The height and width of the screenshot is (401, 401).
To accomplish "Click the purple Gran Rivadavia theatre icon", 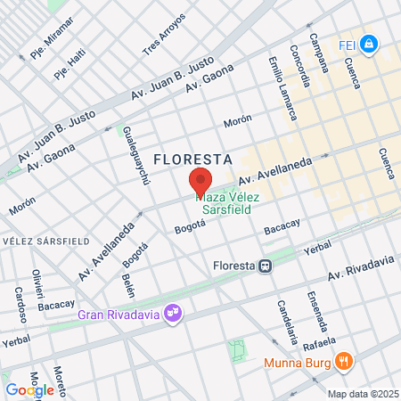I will click(176, 313).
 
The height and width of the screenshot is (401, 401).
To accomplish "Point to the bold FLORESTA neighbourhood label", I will click(193, 159).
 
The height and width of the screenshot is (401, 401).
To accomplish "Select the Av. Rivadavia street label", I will click(361, 266).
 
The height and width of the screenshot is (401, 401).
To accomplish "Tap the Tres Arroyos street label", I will click(165, 35).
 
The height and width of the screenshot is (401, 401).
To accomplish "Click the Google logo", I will click(29, 389).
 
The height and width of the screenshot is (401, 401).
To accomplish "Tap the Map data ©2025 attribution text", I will click(362, 394).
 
